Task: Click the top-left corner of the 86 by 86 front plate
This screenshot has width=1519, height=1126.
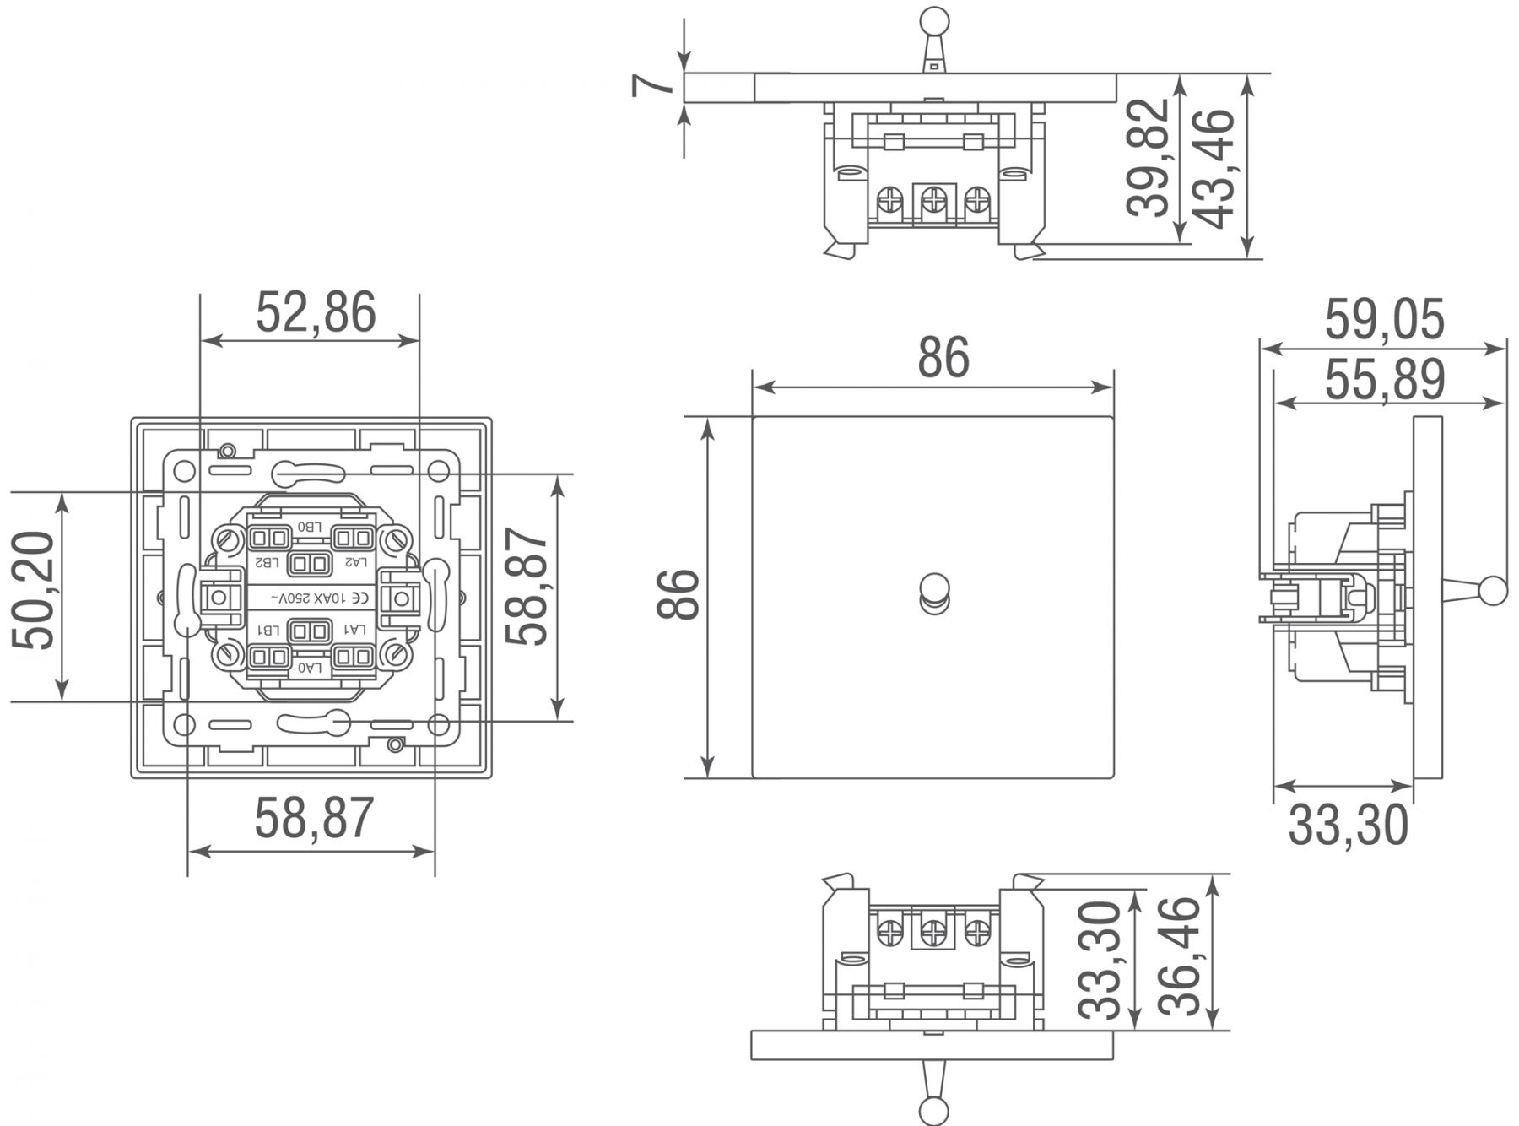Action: tap(753, 417)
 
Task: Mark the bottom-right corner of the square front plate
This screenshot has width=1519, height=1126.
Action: tap(1113, 777)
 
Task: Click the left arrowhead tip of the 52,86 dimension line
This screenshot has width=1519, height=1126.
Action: tap(201, 341)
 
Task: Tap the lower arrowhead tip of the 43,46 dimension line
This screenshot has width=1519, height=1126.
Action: tap(1247, 257)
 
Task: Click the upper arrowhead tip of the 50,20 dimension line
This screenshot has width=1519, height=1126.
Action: tap(61, 491)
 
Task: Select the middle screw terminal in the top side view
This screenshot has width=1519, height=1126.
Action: tap(932, 200)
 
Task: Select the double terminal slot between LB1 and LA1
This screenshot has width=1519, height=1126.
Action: tap(310, 631)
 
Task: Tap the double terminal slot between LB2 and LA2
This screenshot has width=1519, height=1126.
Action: tap(310, 563)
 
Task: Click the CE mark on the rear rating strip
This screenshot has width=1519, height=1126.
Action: tap(359, 598)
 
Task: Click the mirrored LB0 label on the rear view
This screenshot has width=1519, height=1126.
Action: tap(310, 528)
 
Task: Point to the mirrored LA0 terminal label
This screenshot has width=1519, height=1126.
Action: tap(310, 667)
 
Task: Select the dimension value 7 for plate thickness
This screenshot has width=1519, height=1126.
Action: tap(654, 86)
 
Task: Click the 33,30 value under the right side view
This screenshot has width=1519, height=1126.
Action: tap(1348, 826)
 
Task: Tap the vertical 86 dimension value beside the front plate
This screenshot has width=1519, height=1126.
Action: tap(678, 595)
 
